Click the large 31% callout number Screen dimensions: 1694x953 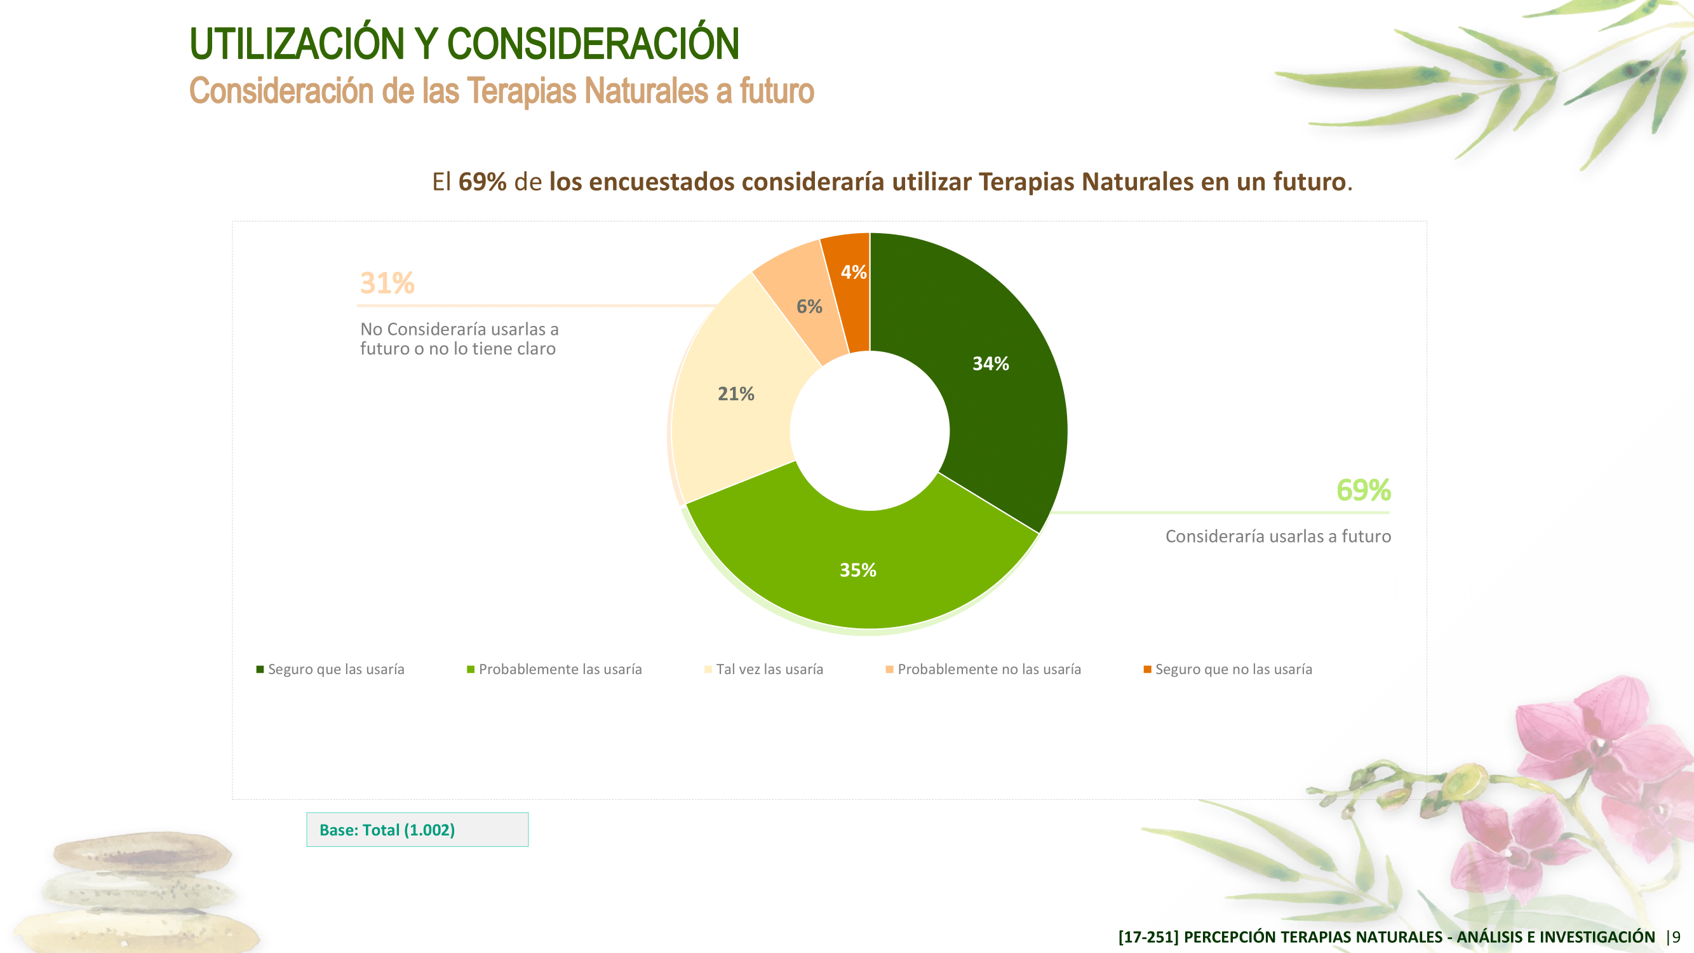387,283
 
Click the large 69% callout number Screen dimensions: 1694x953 1363,490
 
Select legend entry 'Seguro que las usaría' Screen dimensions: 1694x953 330,669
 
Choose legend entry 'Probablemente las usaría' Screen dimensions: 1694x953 555,669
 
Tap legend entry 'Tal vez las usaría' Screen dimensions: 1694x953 763,669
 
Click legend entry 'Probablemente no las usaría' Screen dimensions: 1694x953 983,669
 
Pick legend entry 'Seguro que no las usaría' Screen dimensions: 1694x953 1228,669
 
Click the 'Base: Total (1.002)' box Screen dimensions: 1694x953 417,829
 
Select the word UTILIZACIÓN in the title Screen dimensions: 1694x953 297,43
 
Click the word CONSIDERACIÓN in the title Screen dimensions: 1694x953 593,43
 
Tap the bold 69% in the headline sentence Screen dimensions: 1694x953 482,182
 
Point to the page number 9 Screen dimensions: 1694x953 1676,936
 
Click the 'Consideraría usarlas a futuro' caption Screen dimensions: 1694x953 1278,536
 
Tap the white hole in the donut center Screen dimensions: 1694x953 870,431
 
